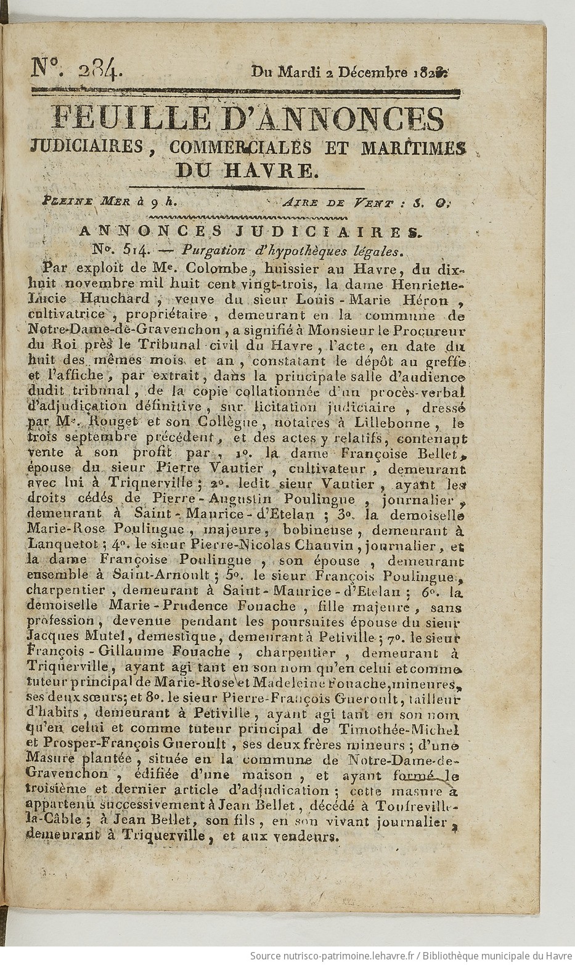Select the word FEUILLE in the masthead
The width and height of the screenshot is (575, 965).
tap(112, 120)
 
